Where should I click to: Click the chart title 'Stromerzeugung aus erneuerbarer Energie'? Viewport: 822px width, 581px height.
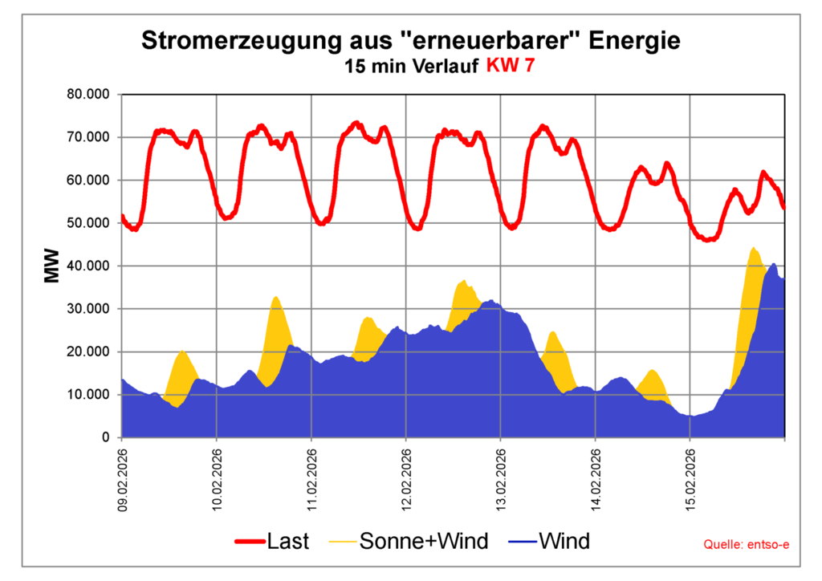(410, 40)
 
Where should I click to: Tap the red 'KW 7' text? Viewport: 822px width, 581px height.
(508, 67)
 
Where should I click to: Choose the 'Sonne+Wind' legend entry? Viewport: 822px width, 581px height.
(409, 542)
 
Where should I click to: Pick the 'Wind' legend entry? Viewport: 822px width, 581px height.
(549, 542)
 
